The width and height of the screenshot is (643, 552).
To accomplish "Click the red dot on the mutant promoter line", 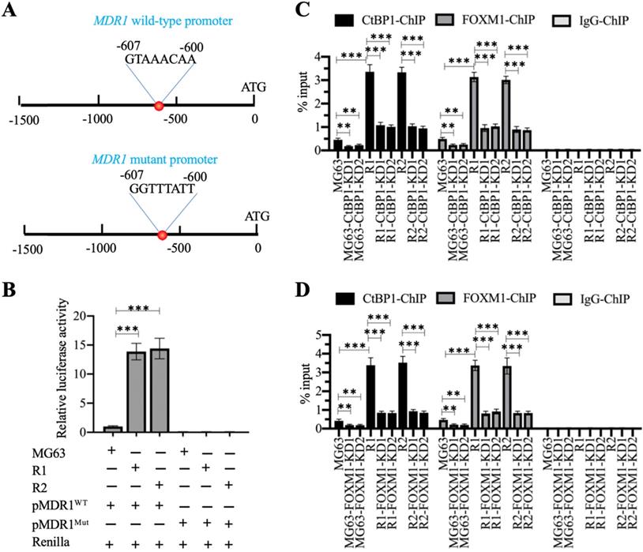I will [162, 235].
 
